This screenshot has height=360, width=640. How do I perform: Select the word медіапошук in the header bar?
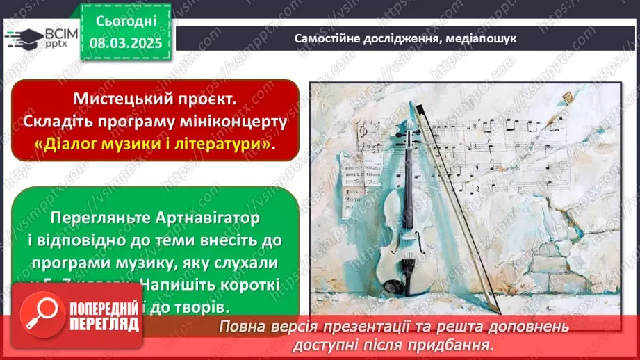click(479, 38)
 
